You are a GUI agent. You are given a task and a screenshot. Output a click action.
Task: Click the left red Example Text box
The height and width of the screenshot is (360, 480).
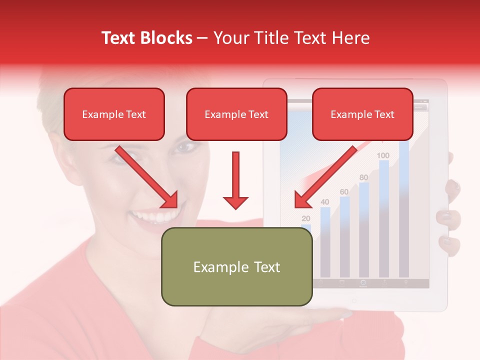(114, 114)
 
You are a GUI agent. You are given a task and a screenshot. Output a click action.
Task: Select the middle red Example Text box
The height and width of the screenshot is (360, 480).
(236, 114)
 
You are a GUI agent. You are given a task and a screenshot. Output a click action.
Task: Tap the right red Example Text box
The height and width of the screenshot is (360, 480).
(362, 114)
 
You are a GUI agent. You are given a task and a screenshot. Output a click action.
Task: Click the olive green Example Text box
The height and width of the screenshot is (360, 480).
(236, 266)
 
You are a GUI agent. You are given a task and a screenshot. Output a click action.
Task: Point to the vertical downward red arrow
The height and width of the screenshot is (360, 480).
(235, 180)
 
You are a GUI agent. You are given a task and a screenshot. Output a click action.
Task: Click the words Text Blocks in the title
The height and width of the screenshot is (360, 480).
(147, 38)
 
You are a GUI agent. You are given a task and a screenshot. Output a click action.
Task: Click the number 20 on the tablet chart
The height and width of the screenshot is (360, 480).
(306, 218)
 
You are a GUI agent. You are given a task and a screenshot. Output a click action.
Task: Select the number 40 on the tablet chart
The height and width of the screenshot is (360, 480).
(325, 202)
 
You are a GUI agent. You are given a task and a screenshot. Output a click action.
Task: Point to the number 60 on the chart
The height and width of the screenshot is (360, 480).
(344, 191)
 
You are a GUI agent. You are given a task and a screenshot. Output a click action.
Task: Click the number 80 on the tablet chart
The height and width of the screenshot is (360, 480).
(363, 177)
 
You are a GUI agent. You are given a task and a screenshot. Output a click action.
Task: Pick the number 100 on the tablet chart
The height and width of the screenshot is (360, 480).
(383, 155)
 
